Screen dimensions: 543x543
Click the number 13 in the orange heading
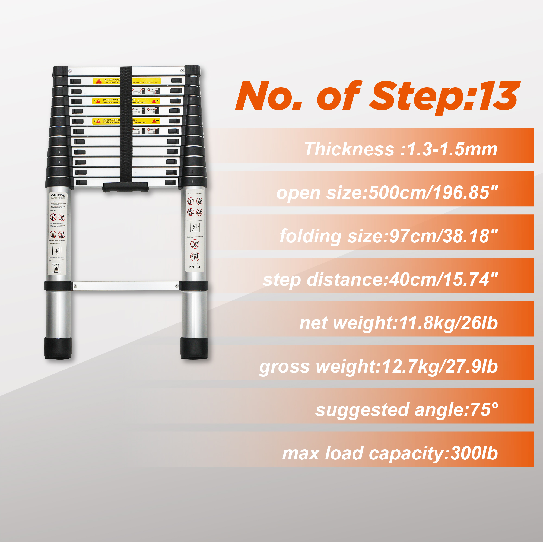[498, 96]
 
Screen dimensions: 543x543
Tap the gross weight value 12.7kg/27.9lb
[440, 367]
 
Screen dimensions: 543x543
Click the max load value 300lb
[474, 453]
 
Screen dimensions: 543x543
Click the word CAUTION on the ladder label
[58, 195]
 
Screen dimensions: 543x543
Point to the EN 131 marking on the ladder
[195, 267]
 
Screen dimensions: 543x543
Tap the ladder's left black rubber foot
[58, 348]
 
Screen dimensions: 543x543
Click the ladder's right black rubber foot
[195, 348]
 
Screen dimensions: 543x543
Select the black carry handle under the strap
[125, 187]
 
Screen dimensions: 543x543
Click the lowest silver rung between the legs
[126, 286]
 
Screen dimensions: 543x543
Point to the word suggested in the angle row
[362, 410]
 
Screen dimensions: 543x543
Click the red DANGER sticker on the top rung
[99, 81]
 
